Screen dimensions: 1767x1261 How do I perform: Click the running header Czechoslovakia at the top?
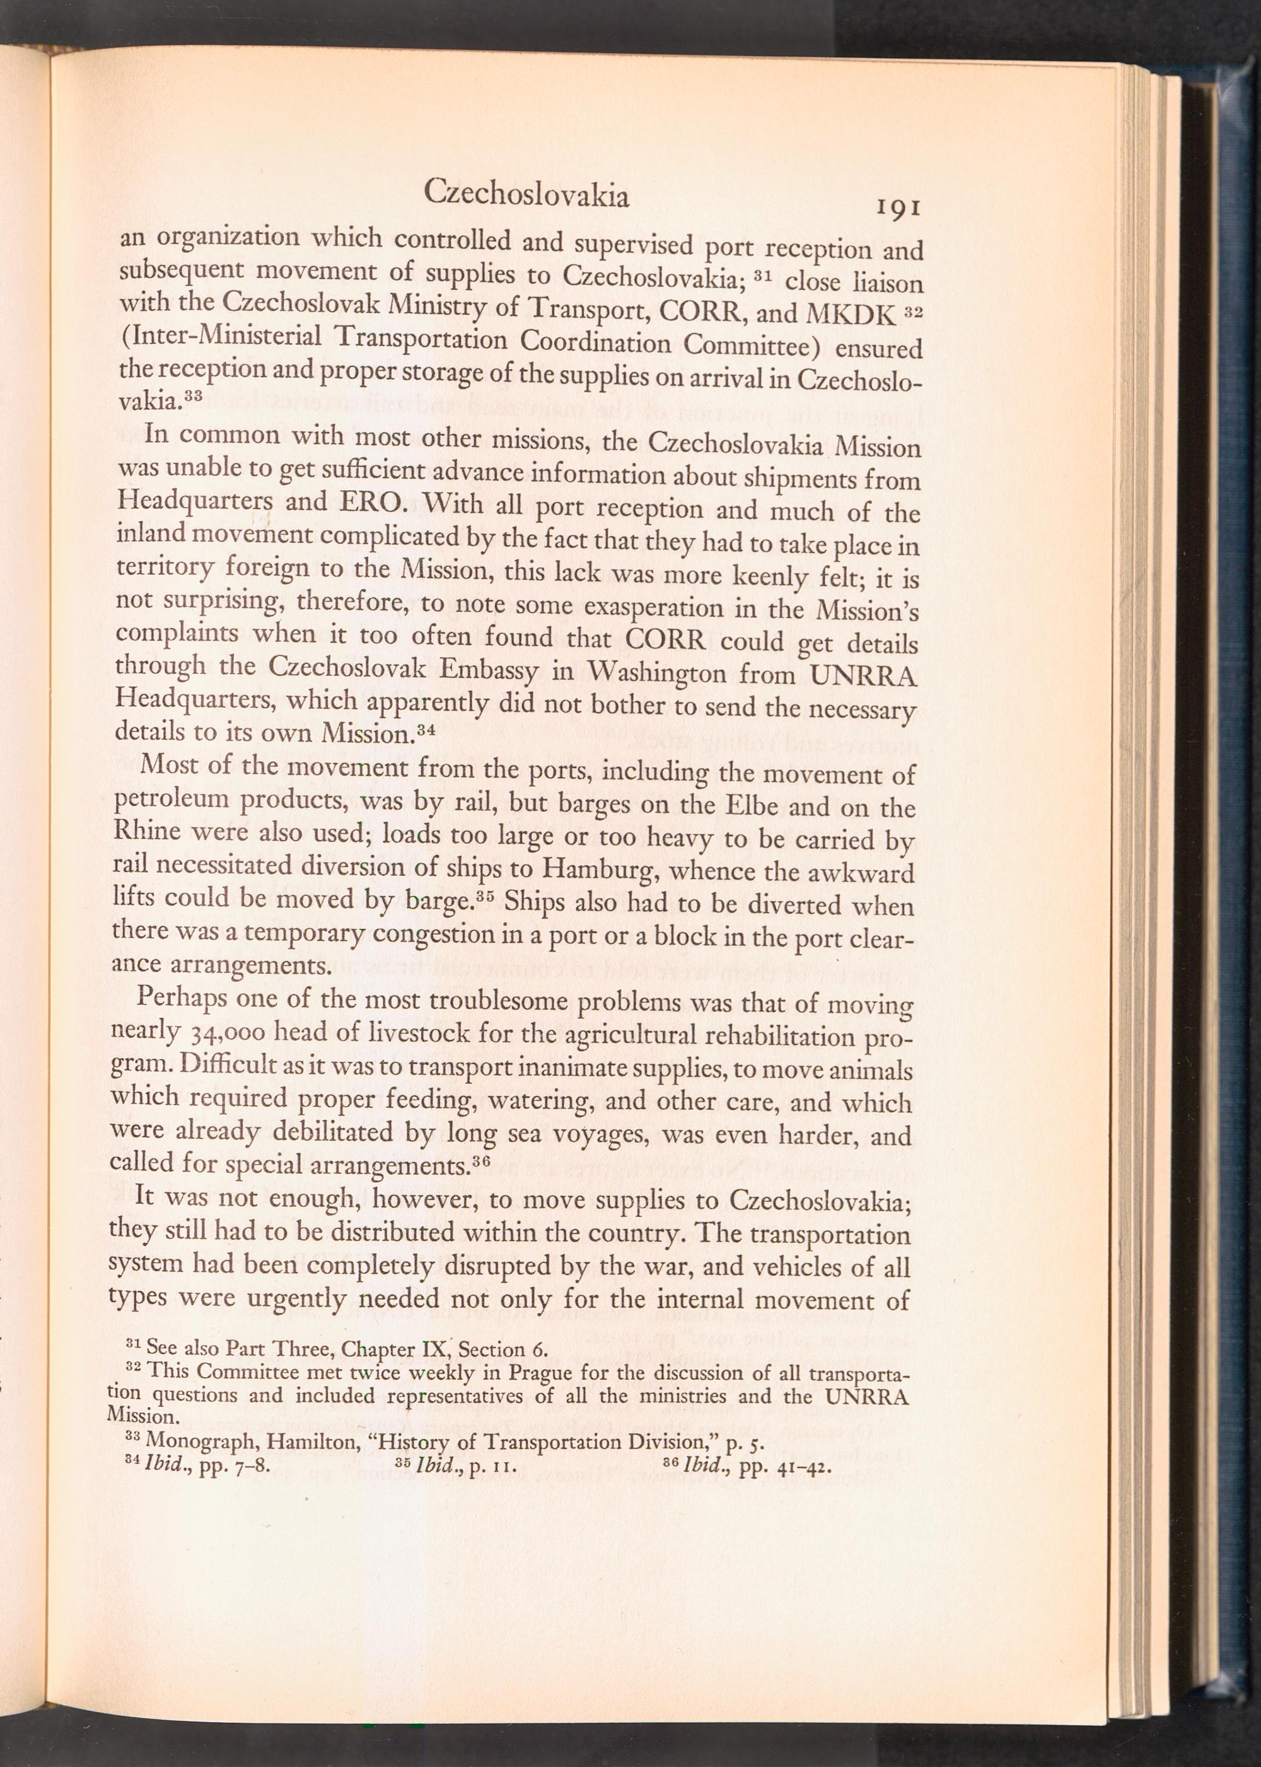coord(527,195)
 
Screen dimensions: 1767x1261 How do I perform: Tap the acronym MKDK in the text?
coord(852,312)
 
